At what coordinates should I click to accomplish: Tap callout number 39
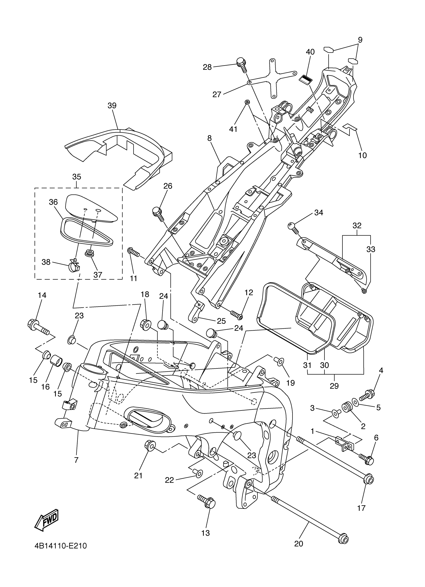[112, 106]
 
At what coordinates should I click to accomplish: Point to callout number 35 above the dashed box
[76, 177]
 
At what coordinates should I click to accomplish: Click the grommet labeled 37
[89, 252]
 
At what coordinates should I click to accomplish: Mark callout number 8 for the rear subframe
[209, 139]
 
